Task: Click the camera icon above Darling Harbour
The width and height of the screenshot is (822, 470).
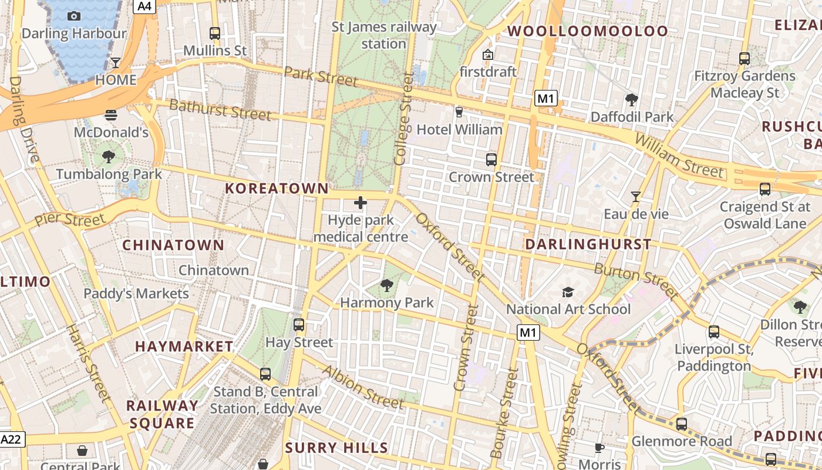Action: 74,16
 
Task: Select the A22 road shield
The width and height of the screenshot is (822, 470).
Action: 12,439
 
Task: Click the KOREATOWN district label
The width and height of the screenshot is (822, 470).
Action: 277,189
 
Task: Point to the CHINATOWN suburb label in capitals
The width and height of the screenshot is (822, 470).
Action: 173,245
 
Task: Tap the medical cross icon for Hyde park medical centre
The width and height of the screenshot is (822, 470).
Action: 361,203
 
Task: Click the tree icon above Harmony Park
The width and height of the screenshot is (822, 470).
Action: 386,286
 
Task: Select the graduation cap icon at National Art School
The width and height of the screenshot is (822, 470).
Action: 568,292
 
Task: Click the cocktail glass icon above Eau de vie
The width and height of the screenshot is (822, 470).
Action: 635,197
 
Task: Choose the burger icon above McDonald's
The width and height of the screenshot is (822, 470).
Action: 110,115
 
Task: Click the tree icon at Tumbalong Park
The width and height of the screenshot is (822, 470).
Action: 108,157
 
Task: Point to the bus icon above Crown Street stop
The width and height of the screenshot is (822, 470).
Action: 491,160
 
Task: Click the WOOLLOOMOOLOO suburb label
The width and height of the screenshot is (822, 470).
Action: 588,31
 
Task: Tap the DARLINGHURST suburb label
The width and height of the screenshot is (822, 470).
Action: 588,244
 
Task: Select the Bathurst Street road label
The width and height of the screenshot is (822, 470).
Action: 220,110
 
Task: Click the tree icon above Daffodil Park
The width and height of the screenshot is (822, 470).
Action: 632,100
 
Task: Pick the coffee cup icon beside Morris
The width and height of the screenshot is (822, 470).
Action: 599,448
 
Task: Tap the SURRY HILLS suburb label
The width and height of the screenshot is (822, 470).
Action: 336,448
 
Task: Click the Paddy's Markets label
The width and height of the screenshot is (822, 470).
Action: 136,293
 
